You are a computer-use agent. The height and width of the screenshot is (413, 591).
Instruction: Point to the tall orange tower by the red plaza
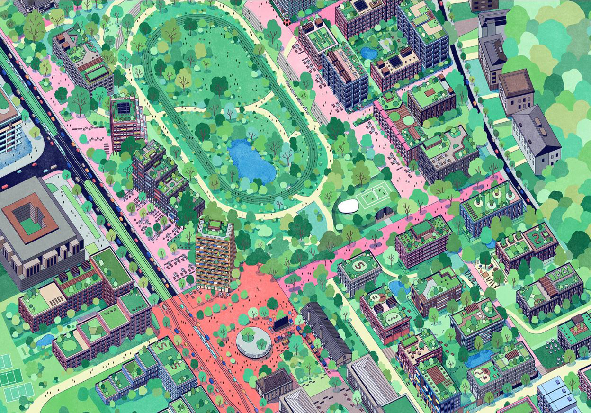[x=215, y=256]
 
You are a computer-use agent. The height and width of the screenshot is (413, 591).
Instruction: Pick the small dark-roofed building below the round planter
[x=274, y=382]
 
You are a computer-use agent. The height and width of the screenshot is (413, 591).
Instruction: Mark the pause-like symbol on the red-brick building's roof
[x=376, y=297]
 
